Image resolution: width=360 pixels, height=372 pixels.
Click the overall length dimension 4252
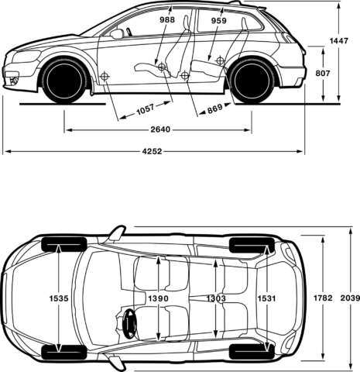(152, 152)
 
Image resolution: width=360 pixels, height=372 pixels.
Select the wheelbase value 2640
(160, 129)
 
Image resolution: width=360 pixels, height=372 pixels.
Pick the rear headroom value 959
(218, 22)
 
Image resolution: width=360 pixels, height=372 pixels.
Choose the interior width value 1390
(159, 298)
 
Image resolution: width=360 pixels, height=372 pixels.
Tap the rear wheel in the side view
(252, 80)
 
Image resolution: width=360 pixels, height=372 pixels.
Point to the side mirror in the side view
(117, 34)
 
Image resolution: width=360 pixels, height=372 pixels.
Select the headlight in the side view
(25, 57)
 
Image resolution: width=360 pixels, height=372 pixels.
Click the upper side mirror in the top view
(116, 232)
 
